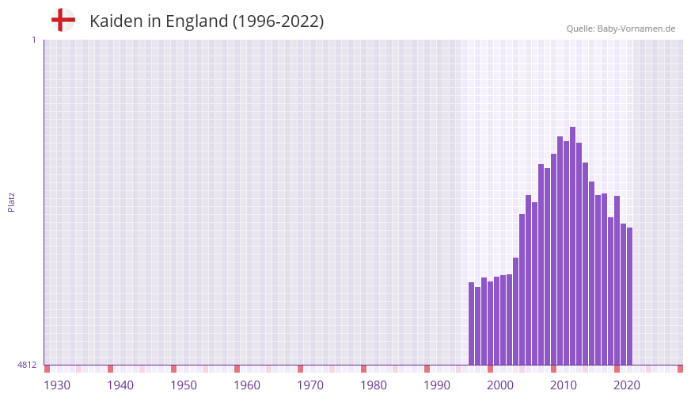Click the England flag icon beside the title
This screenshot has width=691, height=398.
pos(63,20)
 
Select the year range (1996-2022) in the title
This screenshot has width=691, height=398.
pos(278,21)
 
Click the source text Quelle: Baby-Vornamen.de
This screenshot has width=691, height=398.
pos(621,29)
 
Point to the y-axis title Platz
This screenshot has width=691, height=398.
pos(11,201)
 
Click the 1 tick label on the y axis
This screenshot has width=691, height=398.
pos(33,40)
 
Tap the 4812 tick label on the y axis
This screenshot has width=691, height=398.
pos(27,365)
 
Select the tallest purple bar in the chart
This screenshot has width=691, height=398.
pos(572,246)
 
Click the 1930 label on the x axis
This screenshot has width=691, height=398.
pos(57,385)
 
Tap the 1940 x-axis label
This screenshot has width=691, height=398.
pos(120,385)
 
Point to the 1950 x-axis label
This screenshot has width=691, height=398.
pos(184,385)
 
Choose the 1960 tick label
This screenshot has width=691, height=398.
pos(247,385)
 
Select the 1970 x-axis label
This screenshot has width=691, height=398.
pos(310,385)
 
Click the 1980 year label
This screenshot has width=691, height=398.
pos(374,385)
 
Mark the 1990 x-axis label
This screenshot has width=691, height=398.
pos(437,385)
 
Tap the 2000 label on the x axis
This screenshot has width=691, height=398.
pos(500,385)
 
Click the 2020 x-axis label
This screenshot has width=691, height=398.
pos(627,385)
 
